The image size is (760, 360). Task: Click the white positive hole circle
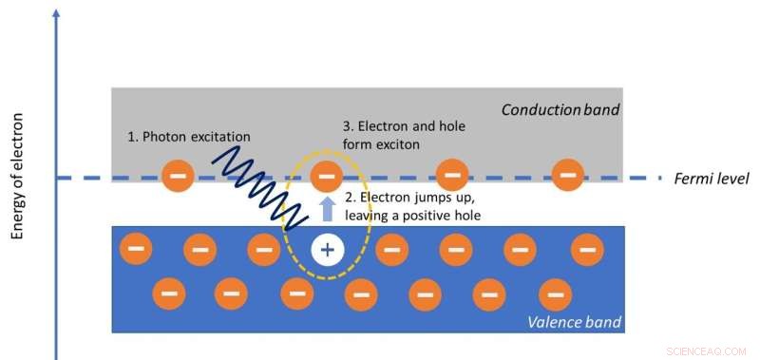327,251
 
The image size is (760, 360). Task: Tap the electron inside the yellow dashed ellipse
326,176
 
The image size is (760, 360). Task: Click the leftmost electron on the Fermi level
176,176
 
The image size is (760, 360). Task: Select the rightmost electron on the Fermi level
568,175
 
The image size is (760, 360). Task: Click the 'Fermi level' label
712,179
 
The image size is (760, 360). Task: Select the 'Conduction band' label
560,110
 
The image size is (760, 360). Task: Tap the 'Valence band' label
574,323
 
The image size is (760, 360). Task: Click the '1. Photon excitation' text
188,136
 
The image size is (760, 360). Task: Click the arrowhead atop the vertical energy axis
58,13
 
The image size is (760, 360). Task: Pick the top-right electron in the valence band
587,250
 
